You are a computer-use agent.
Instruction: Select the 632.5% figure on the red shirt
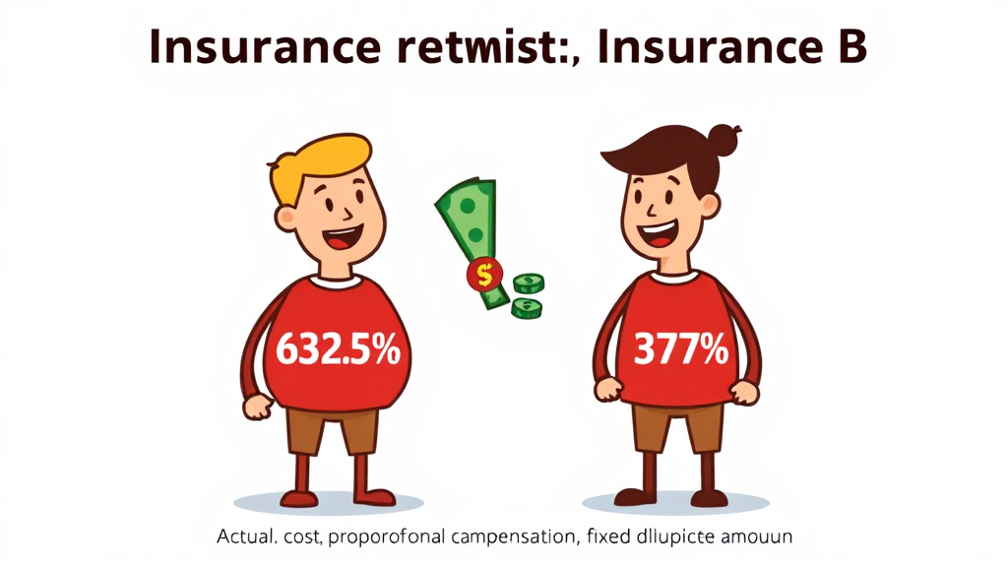[x=339, y=350]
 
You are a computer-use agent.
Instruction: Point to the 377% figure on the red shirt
[x=681, y=349]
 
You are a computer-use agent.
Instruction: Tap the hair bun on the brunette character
[x=724, y=139]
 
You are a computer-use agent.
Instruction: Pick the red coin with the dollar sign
[x=484, y=275]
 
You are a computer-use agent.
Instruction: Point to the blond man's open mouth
[x=342, y=238]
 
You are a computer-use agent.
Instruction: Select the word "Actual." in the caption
[x=247, y=535]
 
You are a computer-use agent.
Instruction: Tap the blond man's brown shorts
[x=332, y=431]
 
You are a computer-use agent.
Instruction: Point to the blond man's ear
[x=285, y=219]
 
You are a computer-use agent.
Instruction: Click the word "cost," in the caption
[x=303, y=536]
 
